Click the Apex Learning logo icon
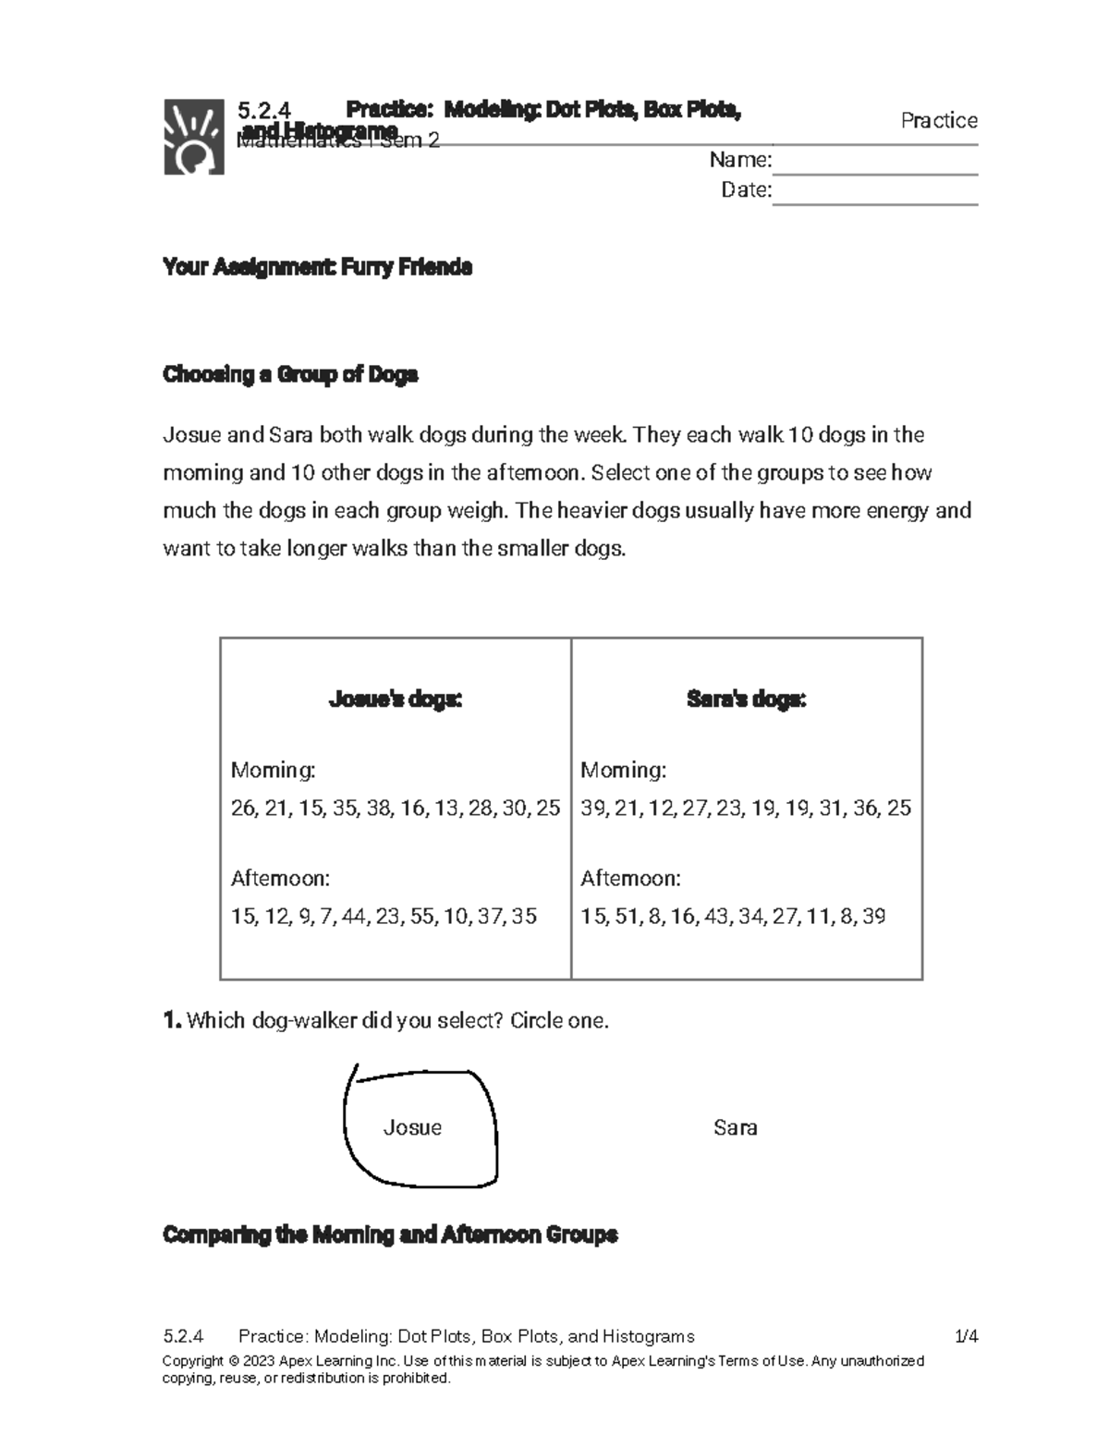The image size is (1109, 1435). (194, 136)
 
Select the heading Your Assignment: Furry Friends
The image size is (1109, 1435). (317, 268)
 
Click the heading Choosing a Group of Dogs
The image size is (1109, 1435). (290, 375)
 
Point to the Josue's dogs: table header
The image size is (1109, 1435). (396, 700)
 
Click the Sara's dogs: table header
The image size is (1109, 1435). (747, 700)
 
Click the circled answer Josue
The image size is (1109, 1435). (412, 1127)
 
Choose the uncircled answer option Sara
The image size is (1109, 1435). (736, 1127)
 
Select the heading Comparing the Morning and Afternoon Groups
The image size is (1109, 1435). (390, 1235)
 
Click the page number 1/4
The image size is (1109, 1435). (966, 1336)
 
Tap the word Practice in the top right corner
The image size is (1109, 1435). (939, 121)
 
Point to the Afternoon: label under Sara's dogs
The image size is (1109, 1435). (630, 879)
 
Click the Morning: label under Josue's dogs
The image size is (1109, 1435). (274, 771)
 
